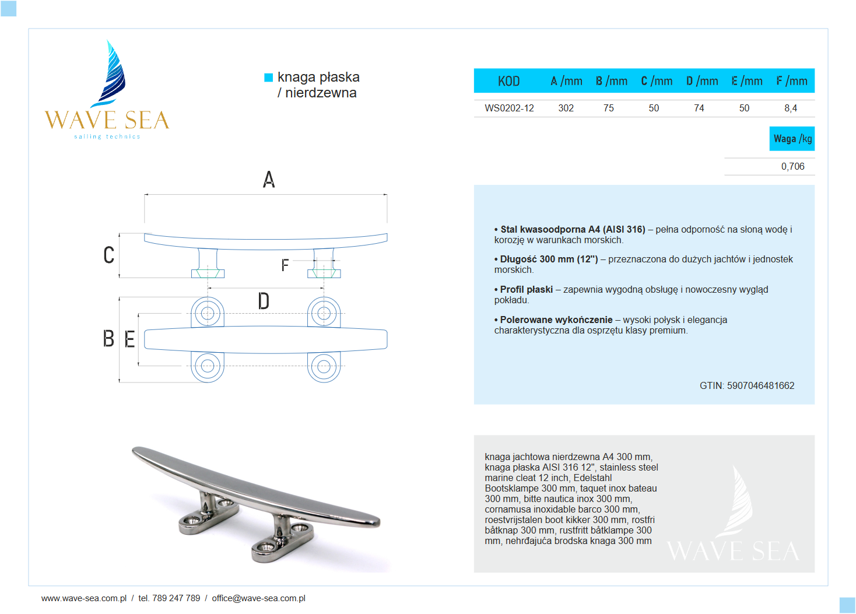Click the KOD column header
coord(508,81)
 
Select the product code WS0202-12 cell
coord(509,108)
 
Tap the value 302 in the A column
coord(566,108)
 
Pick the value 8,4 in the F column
coord(790,108)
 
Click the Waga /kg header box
coord(792,139)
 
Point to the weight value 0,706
coord(792,166)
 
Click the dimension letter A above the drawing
coord(269,179)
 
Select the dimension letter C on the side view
coord(109,255)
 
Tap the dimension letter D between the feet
coord(264,301)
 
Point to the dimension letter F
coord(285,265)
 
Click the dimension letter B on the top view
coord(108,338)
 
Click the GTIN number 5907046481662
coord(760,385)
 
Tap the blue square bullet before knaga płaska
coord(269,78)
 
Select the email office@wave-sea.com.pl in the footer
coord(258,598)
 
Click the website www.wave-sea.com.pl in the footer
coord(83,598)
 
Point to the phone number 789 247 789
coord(176,598)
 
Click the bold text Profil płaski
coord(526,289)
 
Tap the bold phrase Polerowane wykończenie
coord(556,320)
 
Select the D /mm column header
coord(701,81)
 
